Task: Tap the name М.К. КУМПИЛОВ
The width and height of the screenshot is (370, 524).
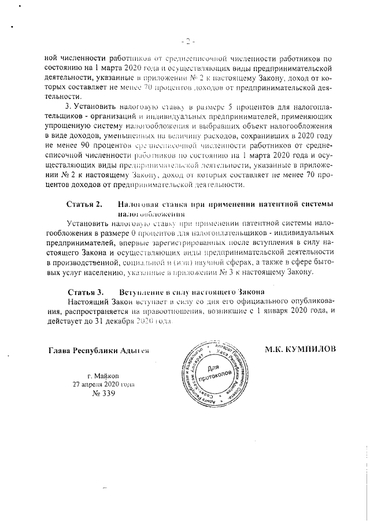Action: click(301, 350)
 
